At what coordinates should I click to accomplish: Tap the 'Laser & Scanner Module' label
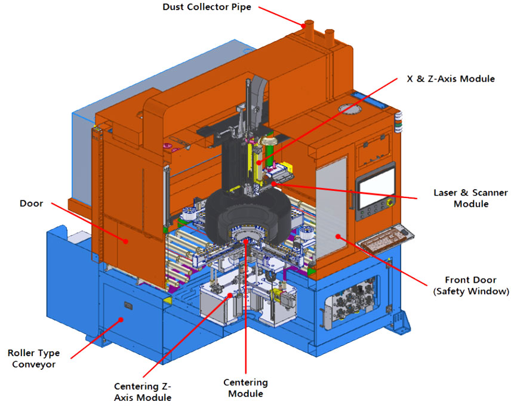coord(470,198)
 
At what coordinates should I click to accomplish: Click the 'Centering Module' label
coord(245,388)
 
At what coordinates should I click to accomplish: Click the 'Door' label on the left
coord(31,203)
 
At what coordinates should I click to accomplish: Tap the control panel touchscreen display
coord(376,186)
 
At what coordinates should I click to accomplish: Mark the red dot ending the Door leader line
coord(125,241)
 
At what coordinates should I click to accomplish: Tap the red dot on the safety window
coord(338,236)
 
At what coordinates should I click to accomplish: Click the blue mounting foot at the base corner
coord(402,322)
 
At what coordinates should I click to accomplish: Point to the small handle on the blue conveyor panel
coord(128,306)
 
